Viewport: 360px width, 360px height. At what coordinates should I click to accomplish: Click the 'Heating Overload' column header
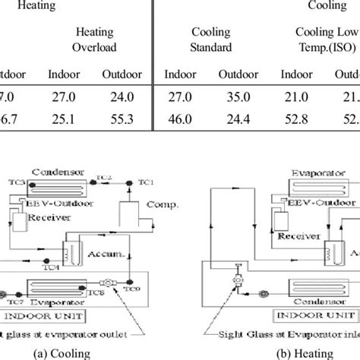point(94,39)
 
